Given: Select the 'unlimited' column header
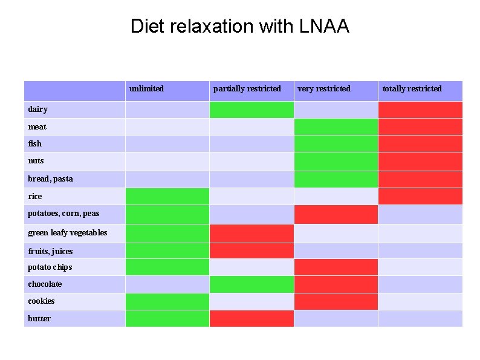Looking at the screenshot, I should click(x=146, y=89).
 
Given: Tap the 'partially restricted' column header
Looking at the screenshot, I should click(x=247, y=89).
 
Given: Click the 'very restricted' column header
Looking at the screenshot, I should click(x=323, y=89).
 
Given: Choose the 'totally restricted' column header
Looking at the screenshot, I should click(x=412, y=89).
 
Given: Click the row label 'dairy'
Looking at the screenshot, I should click(x=37, y=110).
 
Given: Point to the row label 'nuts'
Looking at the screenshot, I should click(x=36, y=161).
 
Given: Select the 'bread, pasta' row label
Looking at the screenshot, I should click(x=50, y=179).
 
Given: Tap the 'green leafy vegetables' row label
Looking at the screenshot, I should click(x=67, y=233).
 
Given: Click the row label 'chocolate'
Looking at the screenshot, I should click(x=45, y=284).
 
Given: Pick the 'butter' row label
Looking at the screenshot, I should click(x=39, y=319).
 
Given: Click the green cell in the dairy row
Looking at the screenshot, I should click(x=251, y=110).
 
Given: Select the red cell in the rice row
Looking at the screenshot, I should click(x=420, y=196).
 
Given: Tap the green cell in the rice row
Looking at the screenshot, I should click(x=167, y=196).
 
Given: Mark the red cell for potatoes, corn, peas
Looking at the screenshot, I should click(x=336, y=214).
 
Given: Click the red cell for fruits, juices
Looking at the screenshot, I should click(x=251, y=250).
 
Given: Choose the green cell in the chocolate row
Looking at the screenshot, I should click(x=251, y=284).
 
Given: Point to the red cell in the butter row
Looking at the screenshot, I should click(x=251, y=319).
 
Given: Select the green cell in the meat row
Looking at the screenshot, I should click(x=336, y=126).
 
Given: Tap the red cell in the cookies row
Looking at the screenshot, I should click(x=336, y=301).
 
